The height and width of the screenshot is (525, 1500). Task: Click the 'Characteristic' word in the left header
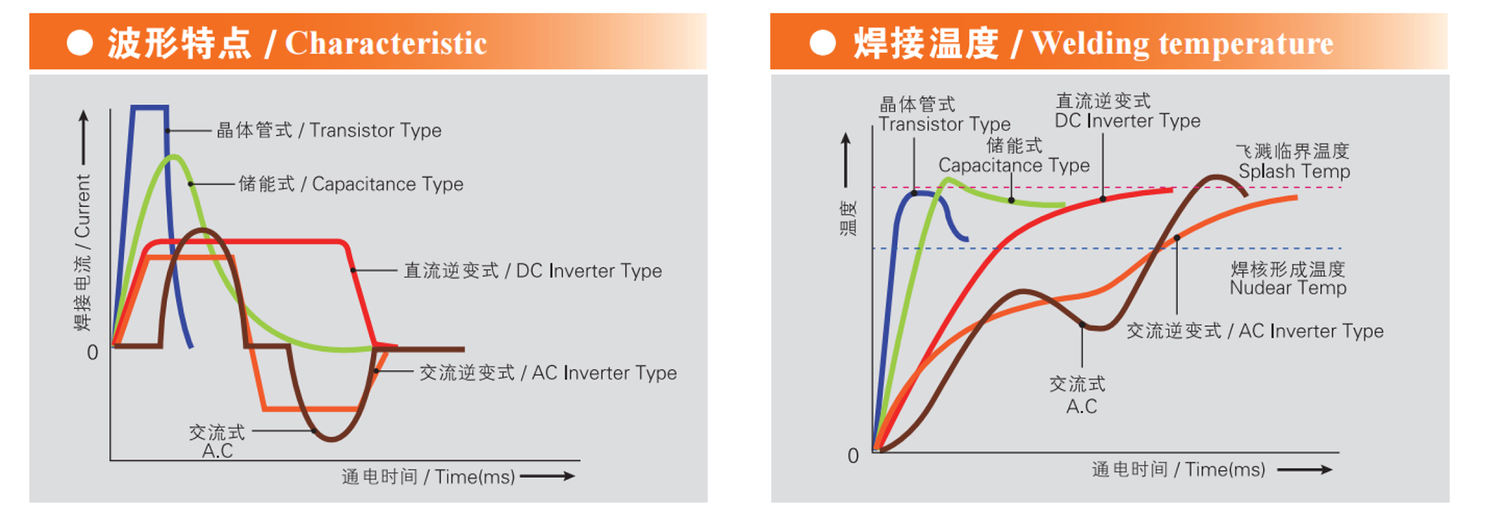(x=386, y=44)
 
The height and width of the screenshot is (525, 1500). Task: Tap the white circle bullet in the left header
(x=80, y=43)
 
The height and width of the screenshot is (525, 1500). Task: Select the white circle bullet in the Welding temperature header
(x=822, y=43)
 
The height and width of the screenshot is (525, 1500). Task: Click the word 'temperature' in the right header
(x=1246, y=44)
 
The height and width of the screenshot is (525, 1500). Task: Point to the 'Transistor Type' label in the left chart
(x=375, y=131)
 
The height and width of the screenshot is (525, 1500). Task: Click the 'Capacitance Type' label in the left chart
(x=387, y=184)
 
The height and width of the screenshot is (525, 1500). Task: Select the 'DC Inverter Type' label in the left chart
(x=589, y=271)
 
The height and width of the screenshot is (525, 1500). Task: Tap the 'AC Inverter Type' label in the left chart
(x=604, y=373)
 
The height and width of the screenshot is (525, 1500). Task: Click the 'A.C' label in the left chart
(x=217, y=451)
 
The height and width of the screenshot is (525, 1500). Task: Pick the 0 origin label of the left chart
(x=92, y=353)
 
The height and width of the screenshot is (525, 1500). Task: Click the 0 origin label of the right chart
(x=853, y=456)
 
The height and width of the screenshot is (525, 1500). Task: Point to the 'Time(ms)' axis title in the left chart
(x=474, y=477)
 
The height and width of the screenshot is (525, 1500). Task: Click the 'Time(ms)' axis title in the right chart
(x=1225, y=470)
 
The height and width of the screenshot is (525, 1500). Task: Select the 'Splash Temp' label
(x=1294, y=171)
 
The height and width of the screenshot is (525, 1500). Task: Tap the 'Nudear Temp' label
(x=1288, y=288)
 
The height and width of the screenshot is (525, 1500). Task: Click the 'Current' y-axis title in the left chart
(x=83, y=206)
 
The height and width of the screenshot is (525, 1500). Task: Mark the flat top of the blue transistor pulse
(x=150, y=107)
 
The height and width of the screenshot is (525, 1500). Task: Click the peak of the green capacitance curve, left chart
(x=173, y=156)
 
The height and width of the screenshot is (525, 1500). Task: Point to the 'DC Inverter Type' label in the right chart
(x=1127, y=121)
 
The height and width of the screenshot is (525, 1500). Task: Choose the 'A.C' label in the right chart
(x=1081, y=407)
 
